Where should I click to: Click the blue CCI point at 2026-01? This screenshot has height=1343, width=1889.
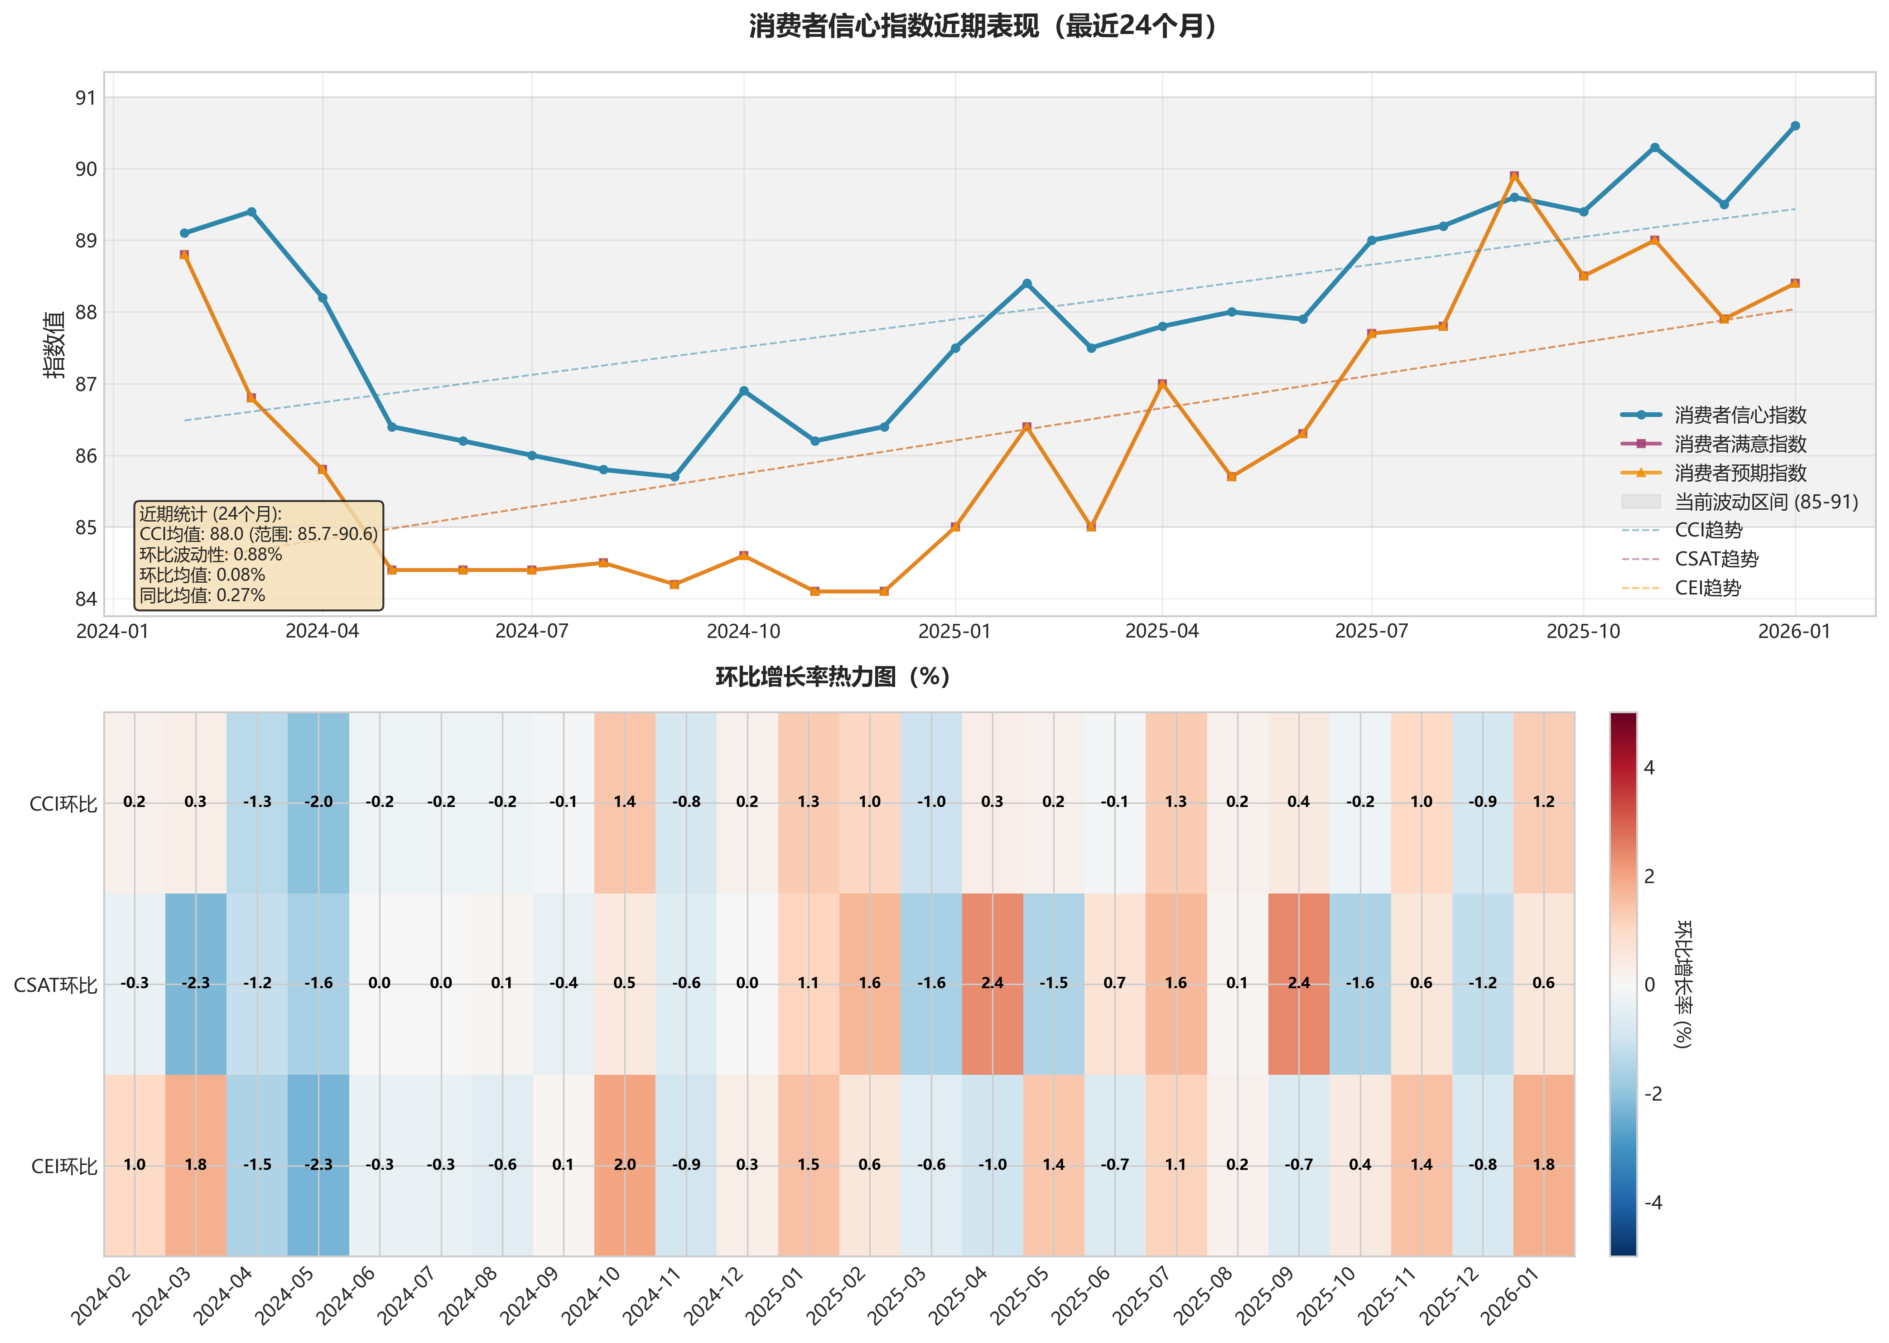(x=1795, y=126)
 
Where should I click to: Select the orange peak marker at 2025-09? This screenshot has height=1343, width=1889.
(x=1513, y=176)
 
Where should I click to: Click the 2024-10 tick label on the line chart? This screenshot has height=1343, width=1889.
(x=743, y=632)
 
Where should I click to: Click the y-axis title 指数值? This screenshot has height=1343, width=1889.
(x=54, y=345)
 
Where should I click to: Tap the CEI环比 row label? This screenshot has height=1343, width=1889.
(x=64, y=1166)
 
